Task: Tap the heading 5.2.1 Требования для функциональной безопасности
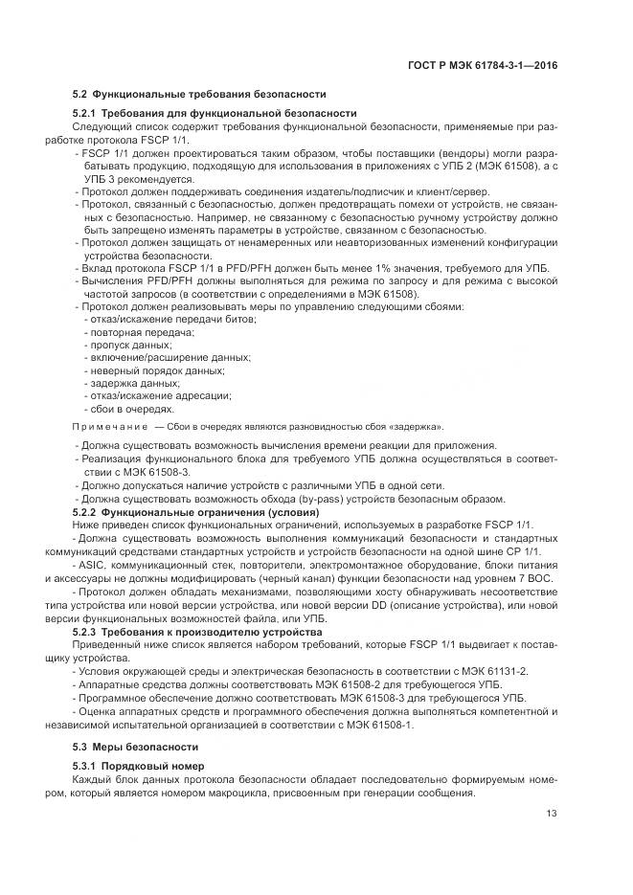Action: (x=214, y=113)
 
